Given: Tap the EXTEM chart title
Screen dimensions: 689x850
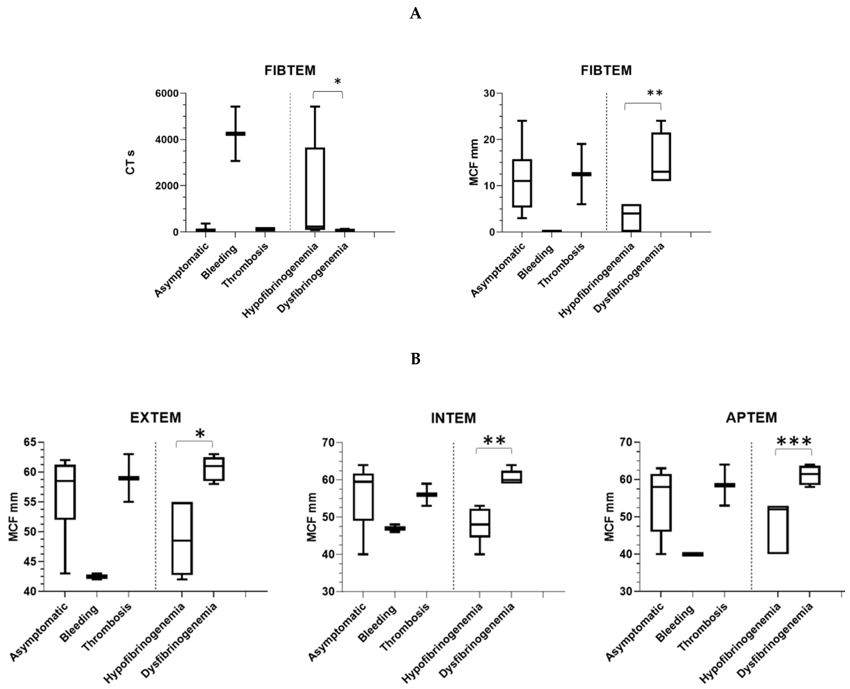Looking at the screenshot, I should coord(156,418).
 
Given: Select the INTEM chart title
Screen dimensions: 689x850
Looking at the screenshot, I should coord(453,418).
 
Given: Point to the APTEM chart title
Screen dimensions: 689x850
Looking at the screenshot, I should coord(751,418).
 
